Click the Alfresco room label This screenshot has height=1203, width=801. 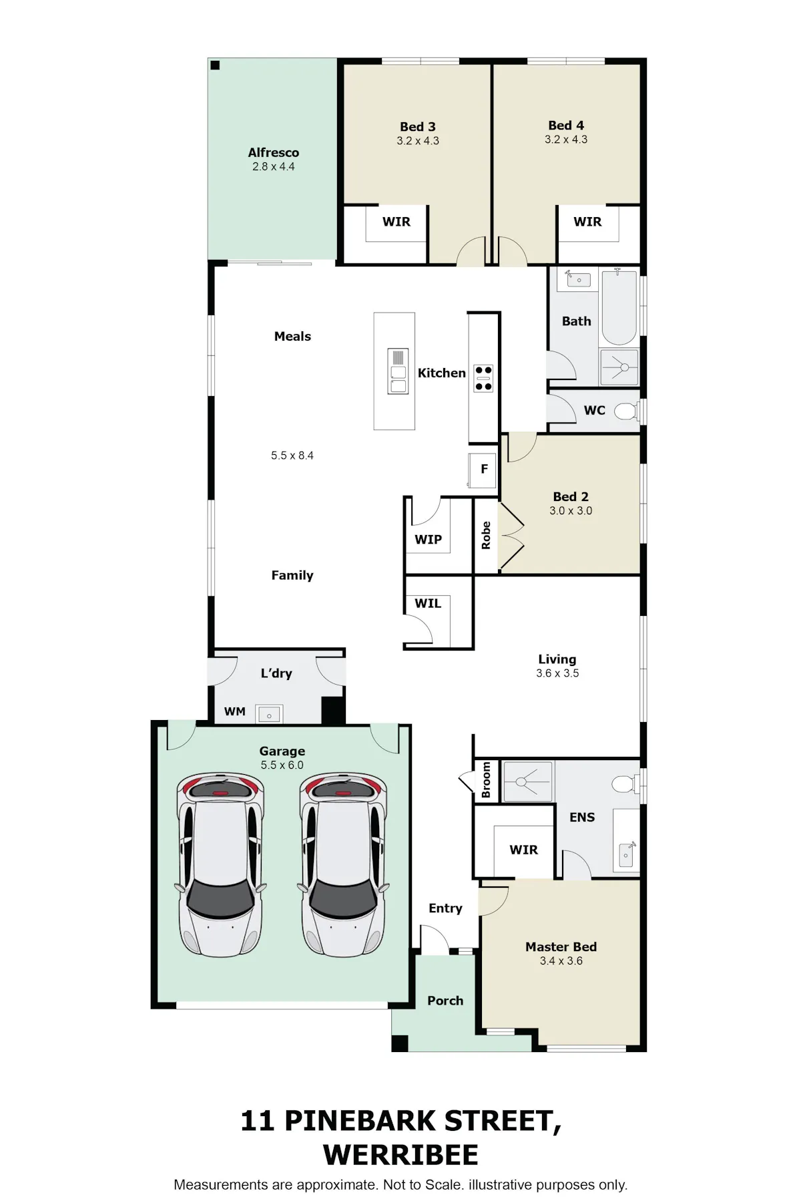[x=274, y=153]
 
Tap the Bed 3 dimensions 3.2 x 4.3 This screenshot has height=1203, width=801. [x=418, y=141]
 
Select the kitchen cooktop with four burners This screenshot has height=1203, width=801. [x=484, y=378]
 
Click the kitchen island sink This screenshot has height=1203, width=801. [x=398, y=371]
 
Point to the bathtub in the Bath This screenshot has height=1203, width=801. [x=619, y=307]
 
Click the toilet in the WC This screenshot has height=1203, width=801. [x=626, y=411]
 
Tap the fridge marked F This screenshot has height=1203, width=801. [x=483, y=470]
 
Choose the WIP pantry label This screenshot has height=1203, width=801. [x=428, y=540]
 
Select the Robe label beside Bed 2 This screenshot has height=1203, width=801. [x=486, y=536]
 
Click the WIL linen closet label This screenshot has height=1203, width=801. [x=428, y=603]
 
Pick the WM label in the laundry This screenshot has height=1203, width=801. [x=234, y=711]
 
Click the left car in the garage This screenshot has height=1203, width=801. [x=220, y=864]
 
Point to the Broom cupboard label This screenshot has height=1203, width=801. [x=486, y=780]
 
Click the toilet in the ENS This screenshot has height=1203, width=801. [x=625, y=784]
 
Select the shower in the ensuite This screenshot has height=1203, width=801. [x=527, y=781]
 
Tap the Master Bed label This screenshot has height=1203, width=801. [x=561, y=947]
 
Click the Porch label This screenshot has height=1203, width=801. [x=445, y=1001]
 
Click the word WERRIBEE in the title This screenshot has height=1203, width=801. [x=400, y=1155]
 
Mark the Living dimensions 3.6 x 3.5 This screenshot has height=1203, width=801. [x=557, y=673]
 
